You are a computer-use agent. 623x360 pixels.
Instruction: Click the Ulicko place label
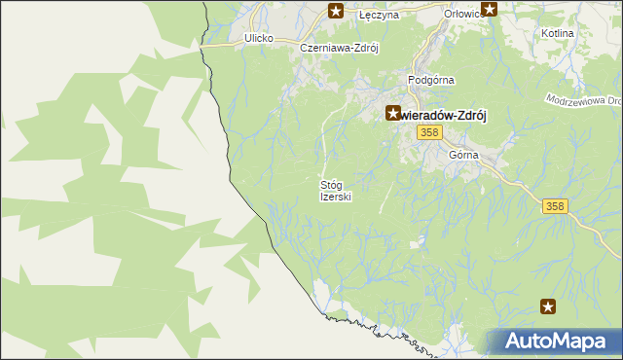pyautogui.click(x=259, y=39)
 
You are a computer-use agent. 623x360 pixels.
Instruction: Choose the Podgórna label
pyautogui.click(x=432, y=81)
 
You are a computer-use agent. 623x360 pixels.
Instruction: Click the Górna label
pyautogui.click(x=464, y=156)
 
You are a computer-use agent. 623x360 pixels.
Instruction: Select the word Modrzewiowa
pyautogui.click(x=579, y=100)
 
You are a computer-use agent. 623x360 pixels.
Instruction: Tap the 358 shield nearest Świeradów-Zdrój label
pyautogui.click(x=427, y=132)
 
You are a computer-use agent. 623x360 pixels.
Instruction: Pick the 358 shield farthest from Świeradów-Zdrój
pyautogui.click(x=555, y=206)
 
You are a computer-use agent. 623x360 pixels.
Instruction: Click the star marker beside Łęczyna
pyautogui.click(x=336, y=12)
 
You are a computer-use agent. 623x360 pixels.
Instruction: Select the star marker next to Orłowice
pyautogui.click(x=490, y=11)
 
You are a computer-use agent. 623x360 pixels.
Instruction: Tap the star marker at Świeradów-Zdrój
pyautogui.click(x=393, y=113)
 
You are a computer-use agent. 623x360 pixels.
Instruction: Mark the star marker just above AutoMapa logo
pyautogui.click(x=549, y=307)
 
